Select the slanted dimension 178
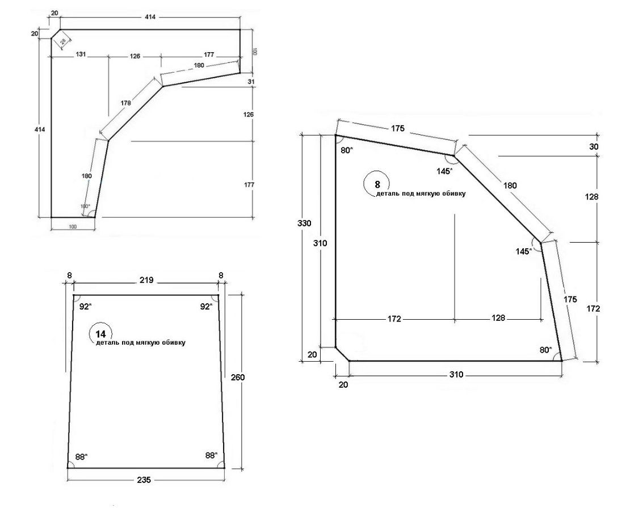[x=125, y=104]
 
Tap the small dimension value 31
[x=252, y=82]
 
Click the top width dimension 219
[x=146, y=280]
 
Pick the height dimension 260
[x=238, y=377]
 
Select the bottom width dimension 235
[x=144, y=480]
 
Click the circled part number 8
[x=377, y=184]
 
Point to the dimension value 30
[x=594, y=146]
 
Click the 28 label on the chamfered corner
[x=63, y=41]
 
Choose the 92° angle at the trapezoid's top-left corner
[x=85, y=306]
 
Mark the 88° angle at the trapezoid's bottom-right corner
[x=212, y=455]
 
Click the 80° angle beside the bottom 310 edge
[x=545, y=350]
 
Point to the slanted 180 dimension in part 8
[x=510, y=185]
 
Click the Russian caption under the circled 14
[x=140, y=343]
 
